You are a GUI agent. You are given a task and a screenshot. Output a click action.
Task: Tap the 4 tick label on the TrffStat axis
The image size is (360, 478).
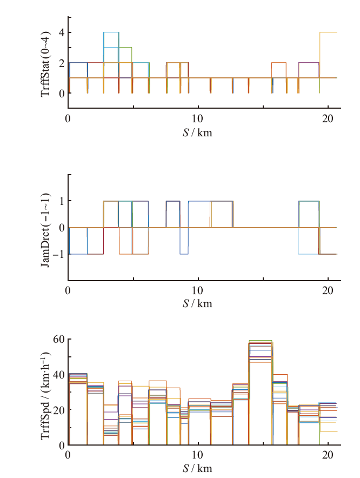pyautogui.click(x=62, y=32)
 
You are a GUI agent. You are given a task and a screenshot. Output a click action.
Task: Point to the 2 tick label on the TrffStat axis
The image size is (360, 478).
pyautogui.click(x=62, y=63)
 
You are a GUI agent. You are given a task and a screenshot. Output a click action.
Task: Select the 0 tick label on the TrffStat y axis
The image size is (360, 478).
pyautogui.click(x=62, y=93)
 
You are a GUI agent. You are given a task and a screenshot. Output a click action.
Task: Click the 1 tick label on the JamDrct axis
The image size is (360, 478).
pyautogui.click(x=62, y=201)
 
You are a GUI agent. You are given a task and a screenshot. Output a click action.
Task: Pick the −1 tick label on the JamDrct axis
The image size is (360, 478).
pyautogui.click(x=59, y=254)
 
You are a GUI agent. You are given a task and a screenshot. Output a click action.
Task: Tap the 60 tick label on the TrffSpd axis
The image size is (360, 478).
pyautogui.click(x=59, y=340)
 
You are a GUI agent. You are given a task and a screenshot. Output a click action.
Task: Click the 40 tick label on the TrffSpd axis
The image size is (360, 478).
pyautogui.click(x=59, y=375)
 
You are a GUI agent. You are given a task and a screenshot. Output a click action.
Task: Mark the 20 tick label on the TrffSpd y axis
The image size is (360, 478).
pyautogui.click(x=59, y=410)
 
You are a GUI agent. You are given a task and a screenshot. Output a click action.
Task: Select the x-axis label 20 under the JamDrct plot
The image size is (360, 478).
pyautogui.click(x=328, y=290)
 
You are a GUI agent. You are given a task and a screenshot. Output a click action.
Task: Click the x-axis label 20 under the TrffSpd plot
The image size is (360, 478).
pyautogui.click(x=328, y=455)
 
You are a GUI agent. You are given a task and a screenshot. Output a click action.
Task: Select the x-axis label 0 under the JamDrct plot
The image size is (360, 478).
pyautogui.click(x=68, y=290)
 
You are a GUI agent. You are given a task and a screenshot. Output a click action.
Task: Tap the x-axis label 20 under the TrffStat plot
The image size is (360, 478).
pyautogui.click(x=328, y=118)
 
